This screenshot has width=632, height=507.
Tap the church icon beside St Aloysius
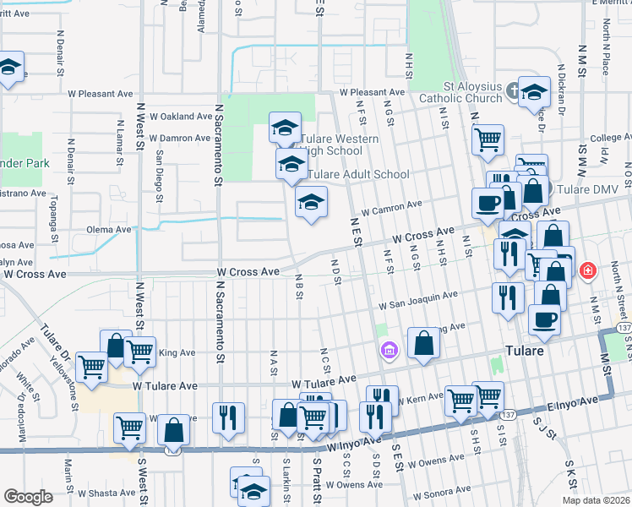click(512, 91)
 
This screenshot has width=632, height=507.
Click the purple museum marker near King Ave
click(388, 349)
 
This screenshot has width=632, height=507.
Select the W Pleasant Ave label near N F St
click(373, 92)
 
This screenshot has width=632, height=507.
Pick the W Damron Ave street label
click(179, 138)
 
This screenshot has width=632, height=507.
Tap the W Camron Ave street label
click(390, 205)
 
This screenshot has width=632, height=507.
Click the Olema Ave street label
click(109, 229)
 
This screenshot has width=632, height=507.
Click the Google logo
click(29, 497)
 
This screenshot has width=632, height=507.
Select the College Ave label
click(605, 138)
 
